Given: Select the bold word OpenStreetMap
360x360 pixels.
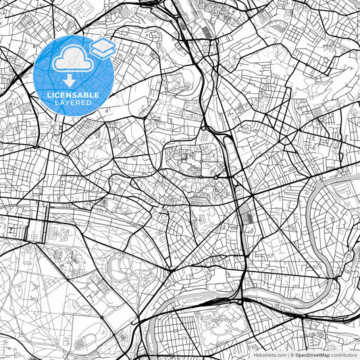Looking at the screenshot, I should point(311,354).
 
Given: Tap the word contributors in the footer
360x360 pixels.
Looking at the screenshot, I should point(342,354).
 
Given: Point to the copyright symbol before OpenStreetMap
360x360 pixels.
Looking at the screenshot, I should point(292,354).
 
